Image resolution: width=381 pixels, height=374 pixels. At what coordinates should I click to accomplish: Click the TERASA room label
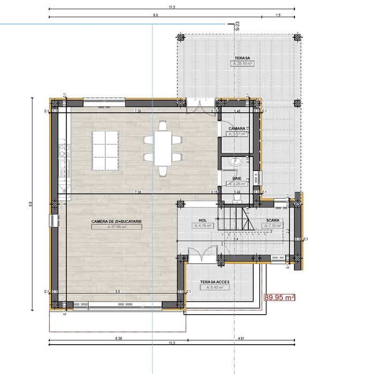tap(242, 57)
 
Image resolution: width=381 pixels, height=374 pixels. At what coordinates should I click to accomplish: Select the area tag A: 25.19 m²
tap(242, 63)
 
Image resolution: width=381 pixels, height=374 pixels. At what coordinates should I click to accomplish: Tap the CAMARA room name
tap(237, 129)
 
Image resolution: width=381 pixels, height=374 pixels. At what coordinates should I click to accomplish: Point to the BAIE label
tap(237, 178)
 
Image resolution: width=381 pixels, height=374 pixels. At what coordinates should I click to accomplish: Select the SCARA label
tap(273, 220)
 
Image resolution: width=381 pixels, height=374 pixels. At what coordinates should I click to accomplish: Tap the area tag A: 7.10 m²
tap(273, 226)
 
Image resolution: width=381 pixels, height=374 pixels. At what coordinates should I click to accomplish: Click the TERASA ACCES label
tap(214, 282)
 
